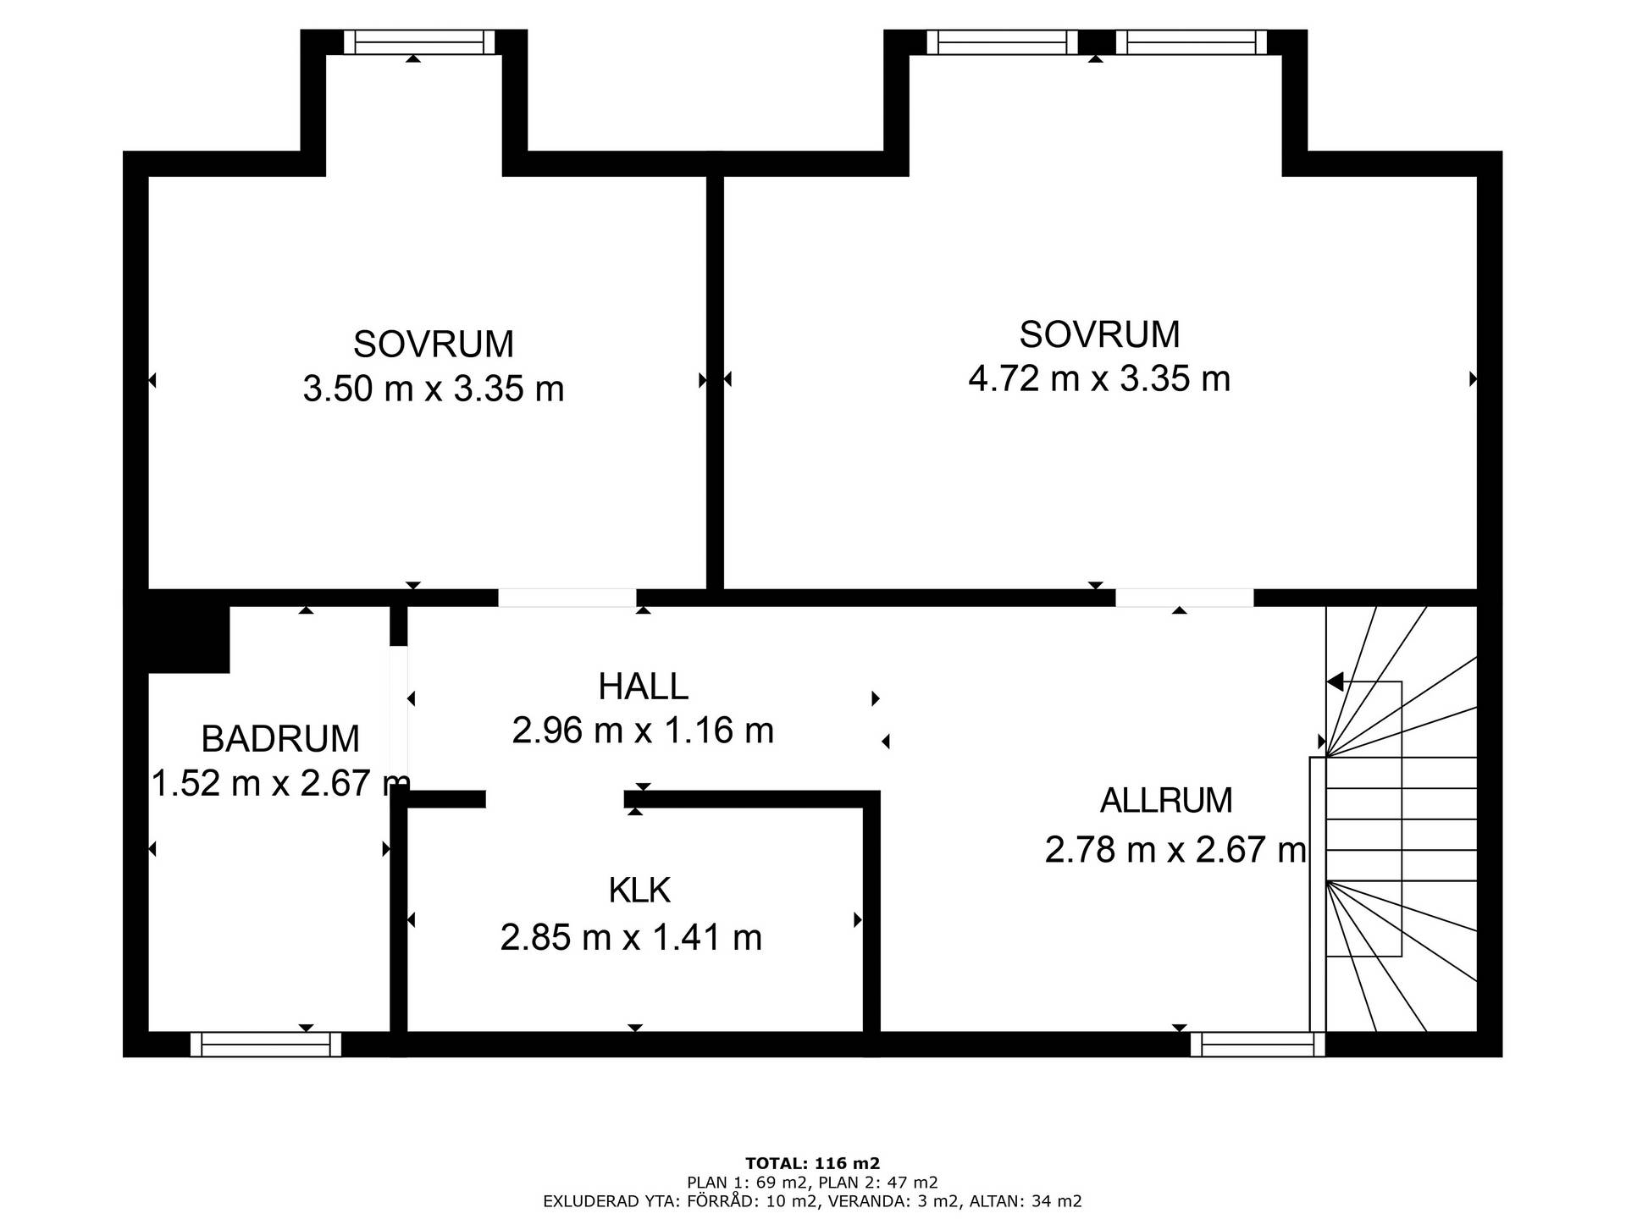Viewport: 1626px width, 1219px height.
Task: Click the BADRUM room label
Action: (280, 739)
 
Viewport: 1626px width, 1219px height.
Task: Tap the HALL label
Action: (644, 687)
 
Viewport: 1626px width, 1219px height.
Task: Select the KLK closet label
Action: (639, 891)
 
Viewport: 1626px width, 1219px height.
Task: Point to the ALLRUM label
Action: (1166, 801)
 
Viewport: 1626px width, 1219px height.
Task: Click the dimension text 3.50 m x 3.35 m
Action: (434, 389)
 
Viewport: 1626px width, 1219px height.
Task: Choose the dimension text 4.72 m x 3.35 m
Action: (1099, 378)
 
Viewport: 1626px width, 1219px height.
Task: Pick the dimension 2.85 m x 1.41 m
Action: (631, 938)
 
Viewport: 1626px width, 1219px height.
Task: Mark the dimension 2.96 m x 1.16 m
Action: (643, 731)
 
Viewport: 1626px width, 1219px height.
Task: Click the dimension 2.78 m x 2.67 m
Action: (1175, 849)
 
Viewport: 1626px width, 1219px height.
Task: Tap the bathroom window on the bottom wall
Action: (266, 1045)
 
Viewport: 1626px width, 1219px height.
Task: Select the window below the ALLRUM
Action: (1258, 1045)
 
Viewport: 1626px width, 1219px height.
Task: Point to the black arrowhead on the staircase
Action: (1336, 681)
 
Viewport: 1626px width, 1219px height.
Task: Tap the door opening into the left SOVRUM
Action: (567, 598)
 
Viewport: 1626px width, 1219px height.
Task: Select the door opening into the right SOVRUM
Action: (1184, 598)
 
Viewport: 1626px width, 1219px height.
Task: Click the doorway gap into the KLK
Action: (555, 799)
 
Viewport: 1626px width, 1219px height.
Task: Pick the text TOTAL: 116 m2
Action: (813, 1163)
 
